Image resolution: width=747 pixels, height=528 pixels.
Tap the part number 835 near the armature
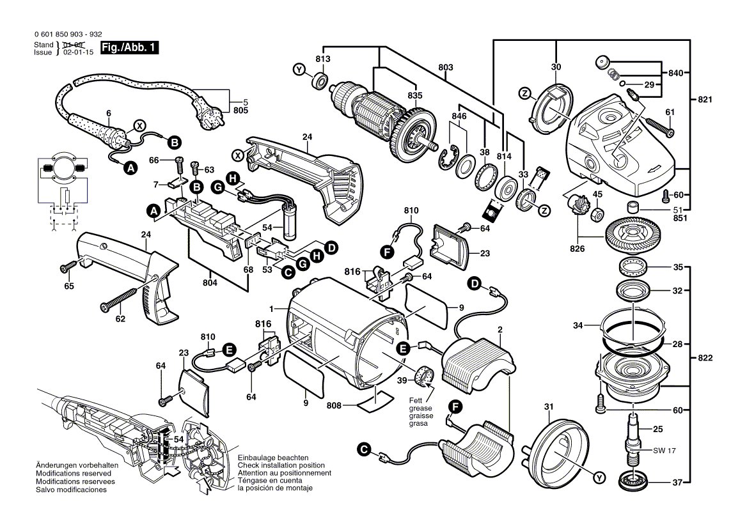tap(415, 96)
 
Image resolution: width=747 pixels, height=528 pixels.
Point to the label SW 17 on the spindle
tap(664, 451)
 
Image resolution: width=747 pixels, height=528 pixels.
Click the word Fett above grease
tap(416, 400)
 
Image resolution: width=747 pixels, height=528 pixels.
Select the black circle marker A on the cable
tap(130, 168)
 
